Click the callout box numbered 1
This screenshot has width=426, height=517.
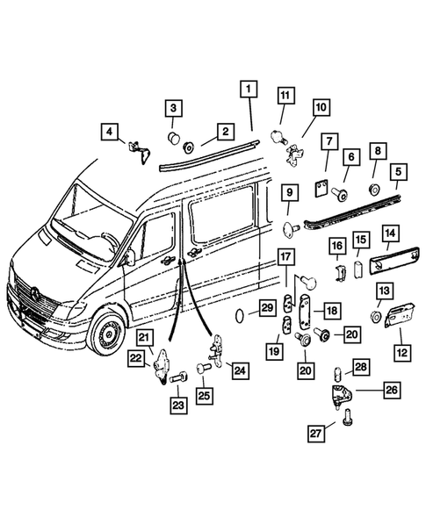click(249, 89)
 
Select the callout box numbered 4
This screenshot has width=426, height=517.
click(110, 133)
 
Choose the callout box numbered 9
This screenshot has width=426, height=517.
click(287, 190)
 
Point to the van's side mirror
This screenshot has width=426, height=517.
click(129, 256)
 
